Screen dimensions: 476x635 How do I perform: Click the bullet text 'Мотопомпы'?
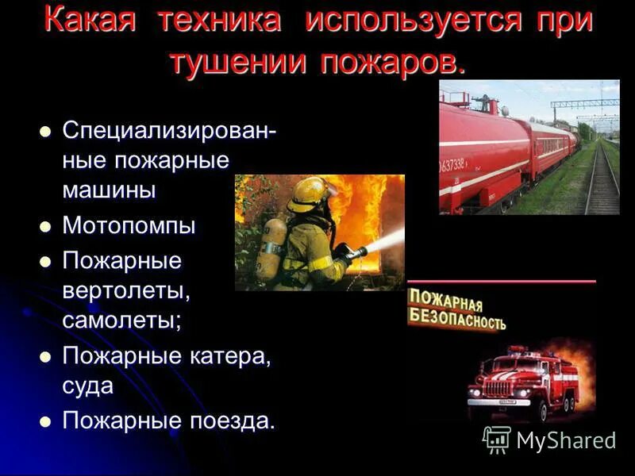129,225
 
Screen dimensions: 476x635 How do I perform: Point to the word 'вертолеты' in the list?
126,290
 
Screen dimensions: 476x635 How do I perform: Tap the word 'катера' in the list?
230,355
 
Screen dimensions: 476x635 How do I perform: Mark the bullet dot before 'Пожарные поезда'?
44,421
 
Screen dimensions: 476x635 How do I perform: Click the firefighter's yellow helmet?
308,193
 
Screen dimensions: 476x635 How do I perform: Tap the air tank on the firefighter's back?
273,248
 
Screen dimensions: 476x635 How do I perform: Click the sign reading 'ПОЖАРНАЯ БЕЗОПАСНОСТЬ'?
456,309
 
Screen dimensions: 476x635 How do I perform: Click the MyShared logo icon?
497,439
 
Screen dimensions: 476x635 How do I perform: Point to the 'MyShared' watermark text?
566,440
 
